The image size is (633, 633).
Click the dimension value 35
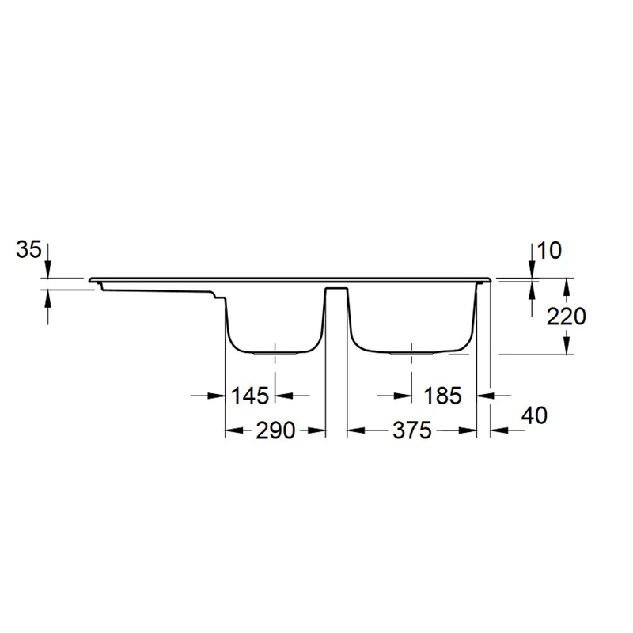click(x=28, y=249)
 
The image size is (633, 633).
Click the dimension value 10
click(x=549, y=251)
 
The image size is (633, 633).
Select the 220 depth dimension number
click(x=566, y=316)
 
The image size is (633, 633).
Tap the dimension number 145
click(x=249, y=396)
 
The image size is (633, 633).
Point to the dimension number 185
click(x=442, y=396)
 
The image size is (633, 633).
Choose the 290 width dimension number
click(x=275, y=430)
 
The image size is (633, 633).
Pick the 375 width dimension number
click(x=412, y=430)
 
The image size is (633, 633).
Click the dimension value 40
click(x=535, y=415)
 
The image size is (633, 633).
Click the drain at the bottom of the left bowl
click(x=275, y=353)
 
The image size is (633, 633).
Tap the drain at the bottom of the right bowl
click(x=411, y=353)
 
